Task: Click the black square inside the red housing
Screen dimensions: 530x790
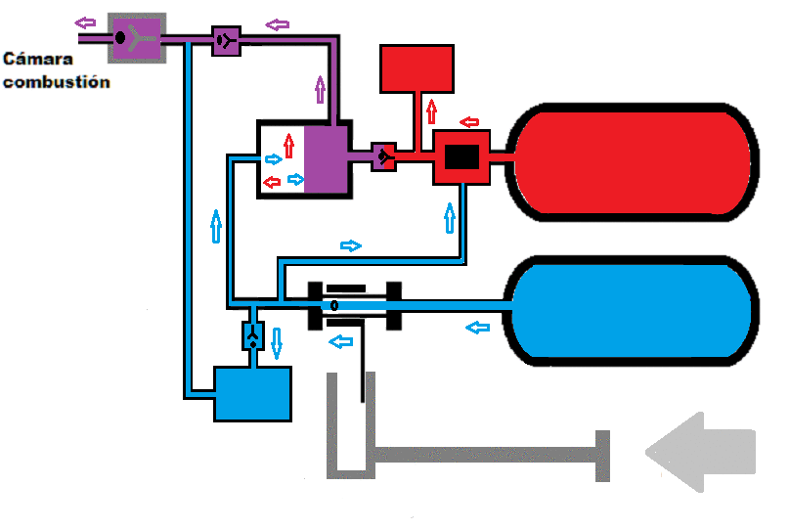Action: pos(461,157)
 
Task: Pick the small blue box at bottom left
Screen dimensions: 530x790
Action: pos(252,393)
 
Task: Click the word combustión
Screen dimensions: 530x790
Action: pos(57,82)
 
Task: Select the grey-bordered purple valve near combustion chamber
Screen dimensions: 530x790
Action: pos(137,38)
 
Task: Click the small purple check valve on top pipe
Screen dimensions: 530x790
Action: pos(226,40)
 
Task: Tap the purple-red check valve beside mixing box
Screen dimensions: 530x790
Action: pos(384,156)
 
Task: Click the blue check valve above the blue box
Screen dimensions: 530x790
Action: pos(252,336)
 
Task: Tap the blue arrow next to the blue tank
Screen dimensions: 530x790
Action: pos(477,327)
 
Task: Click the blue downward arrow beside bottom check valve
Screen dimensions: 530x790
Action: pos(276,342)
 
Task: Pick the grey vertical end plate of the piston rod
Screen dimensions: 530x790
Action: pos(602,456)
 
